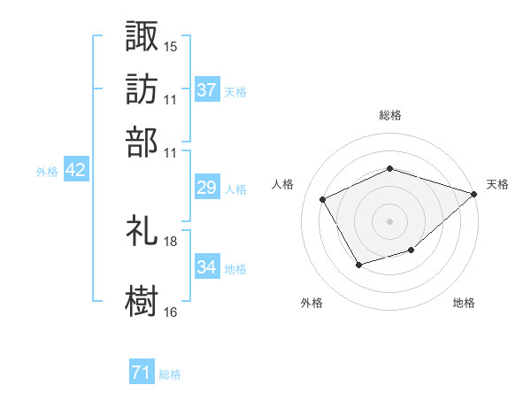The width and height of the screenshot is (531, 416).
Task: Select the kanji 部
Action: click(142, 142)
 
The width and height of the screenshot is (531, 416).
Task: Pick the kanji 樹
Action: click(142, 300)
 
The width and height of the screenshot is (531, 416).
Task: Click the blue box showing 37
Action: click(206, 89)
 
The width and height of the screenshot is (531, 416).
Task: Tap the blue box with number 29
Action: click(206, 188)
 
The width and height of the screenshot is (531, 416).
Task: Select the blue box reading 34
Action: click(206, 266)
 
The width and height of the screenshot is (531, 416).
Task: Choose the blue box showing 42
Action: click(75, 171)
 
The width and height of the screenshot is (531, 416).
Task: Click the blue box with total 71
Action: click(141, 374)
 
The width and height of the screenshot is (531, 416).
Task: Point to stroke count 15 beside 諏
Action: click(171, 46)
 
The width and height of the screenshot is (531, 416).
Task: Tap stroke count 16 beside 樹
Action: click(171, 312)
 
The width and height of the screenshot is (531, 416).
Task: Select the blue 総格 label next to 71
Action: click(170, 374)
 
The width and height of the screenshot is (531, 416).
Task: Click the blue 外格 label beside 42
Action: click(47, 172)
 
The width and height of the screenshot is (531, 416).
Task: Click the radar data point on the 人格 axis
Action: click(323, 200)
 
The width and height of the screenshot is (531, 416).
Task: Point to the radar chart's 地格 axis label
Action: click(464, 303)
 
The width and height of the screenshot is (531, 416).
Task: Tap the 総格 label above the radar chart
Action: click(390, 115)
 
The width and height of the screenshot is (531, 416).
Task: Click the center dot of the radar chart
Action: click(390, 221)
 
